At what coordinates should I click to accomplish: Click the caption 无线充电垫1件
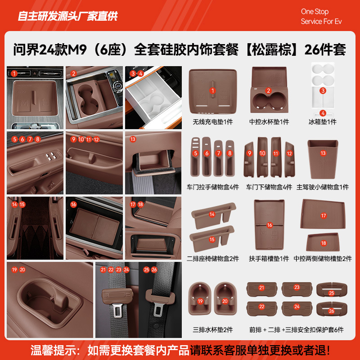(x=213, y=122)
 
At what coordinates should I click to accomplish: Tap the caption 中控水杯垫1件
(x=270, y=122)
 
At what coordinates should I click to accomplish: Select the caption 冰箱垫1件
(x=322, y=122)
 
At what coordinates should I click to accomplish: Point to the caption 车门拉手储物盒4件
(x=213, y=187)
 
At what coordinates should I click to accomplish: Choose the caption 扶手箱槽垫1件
(x=269, y=259)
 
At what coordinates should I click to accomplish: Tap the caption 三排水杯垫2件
(x=213, y=330)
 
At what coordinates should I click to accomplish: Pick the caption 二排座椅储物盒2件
(x=213, y=259)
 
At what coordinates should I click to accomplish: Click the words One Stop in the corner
(x=315, y=12)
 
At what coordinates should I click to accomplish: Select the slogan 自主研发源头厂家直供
(x=67, y=16)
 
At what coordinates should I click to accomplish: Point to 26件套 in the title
(x=325, y=49)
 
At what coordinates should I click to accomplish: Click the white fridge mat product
(x=322, y=88)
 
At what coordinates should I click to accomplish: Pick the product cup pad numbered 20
(x=225, y=298)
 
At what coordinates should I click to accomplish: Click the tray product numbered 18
(x=323, y=243)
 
